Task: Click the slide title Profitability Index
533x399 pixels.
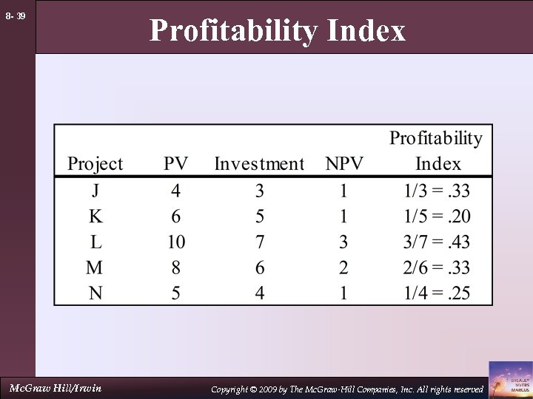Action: point(278,31)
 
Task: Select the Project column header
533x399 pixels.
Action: point(95,163)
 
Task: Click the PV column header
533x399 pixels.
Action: point(175,163)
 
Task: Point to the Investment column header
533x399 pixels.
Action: point(259,163)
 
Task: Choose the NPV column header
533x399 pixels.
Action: point(343,163)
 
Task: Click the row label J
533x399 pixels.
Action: point(95,191)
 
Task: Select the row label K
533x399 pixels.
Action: point(95,216)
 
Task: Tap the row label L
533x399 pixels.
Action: point(95,241)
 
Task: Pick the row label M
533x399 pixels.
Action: point(95,266)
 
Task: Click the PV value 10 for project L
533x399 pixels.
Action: point(175,241)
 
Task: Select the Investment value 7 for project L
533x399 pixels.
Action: point(259,241)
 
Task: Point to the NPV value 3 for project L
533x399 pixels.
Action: point(343,241)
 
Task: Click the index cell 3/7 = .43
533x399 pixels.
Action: point(436,241)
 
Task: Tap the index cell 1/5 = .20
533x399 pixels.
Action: point(436,216)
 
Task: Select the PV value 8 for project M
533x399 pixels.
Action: point(175,266)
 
